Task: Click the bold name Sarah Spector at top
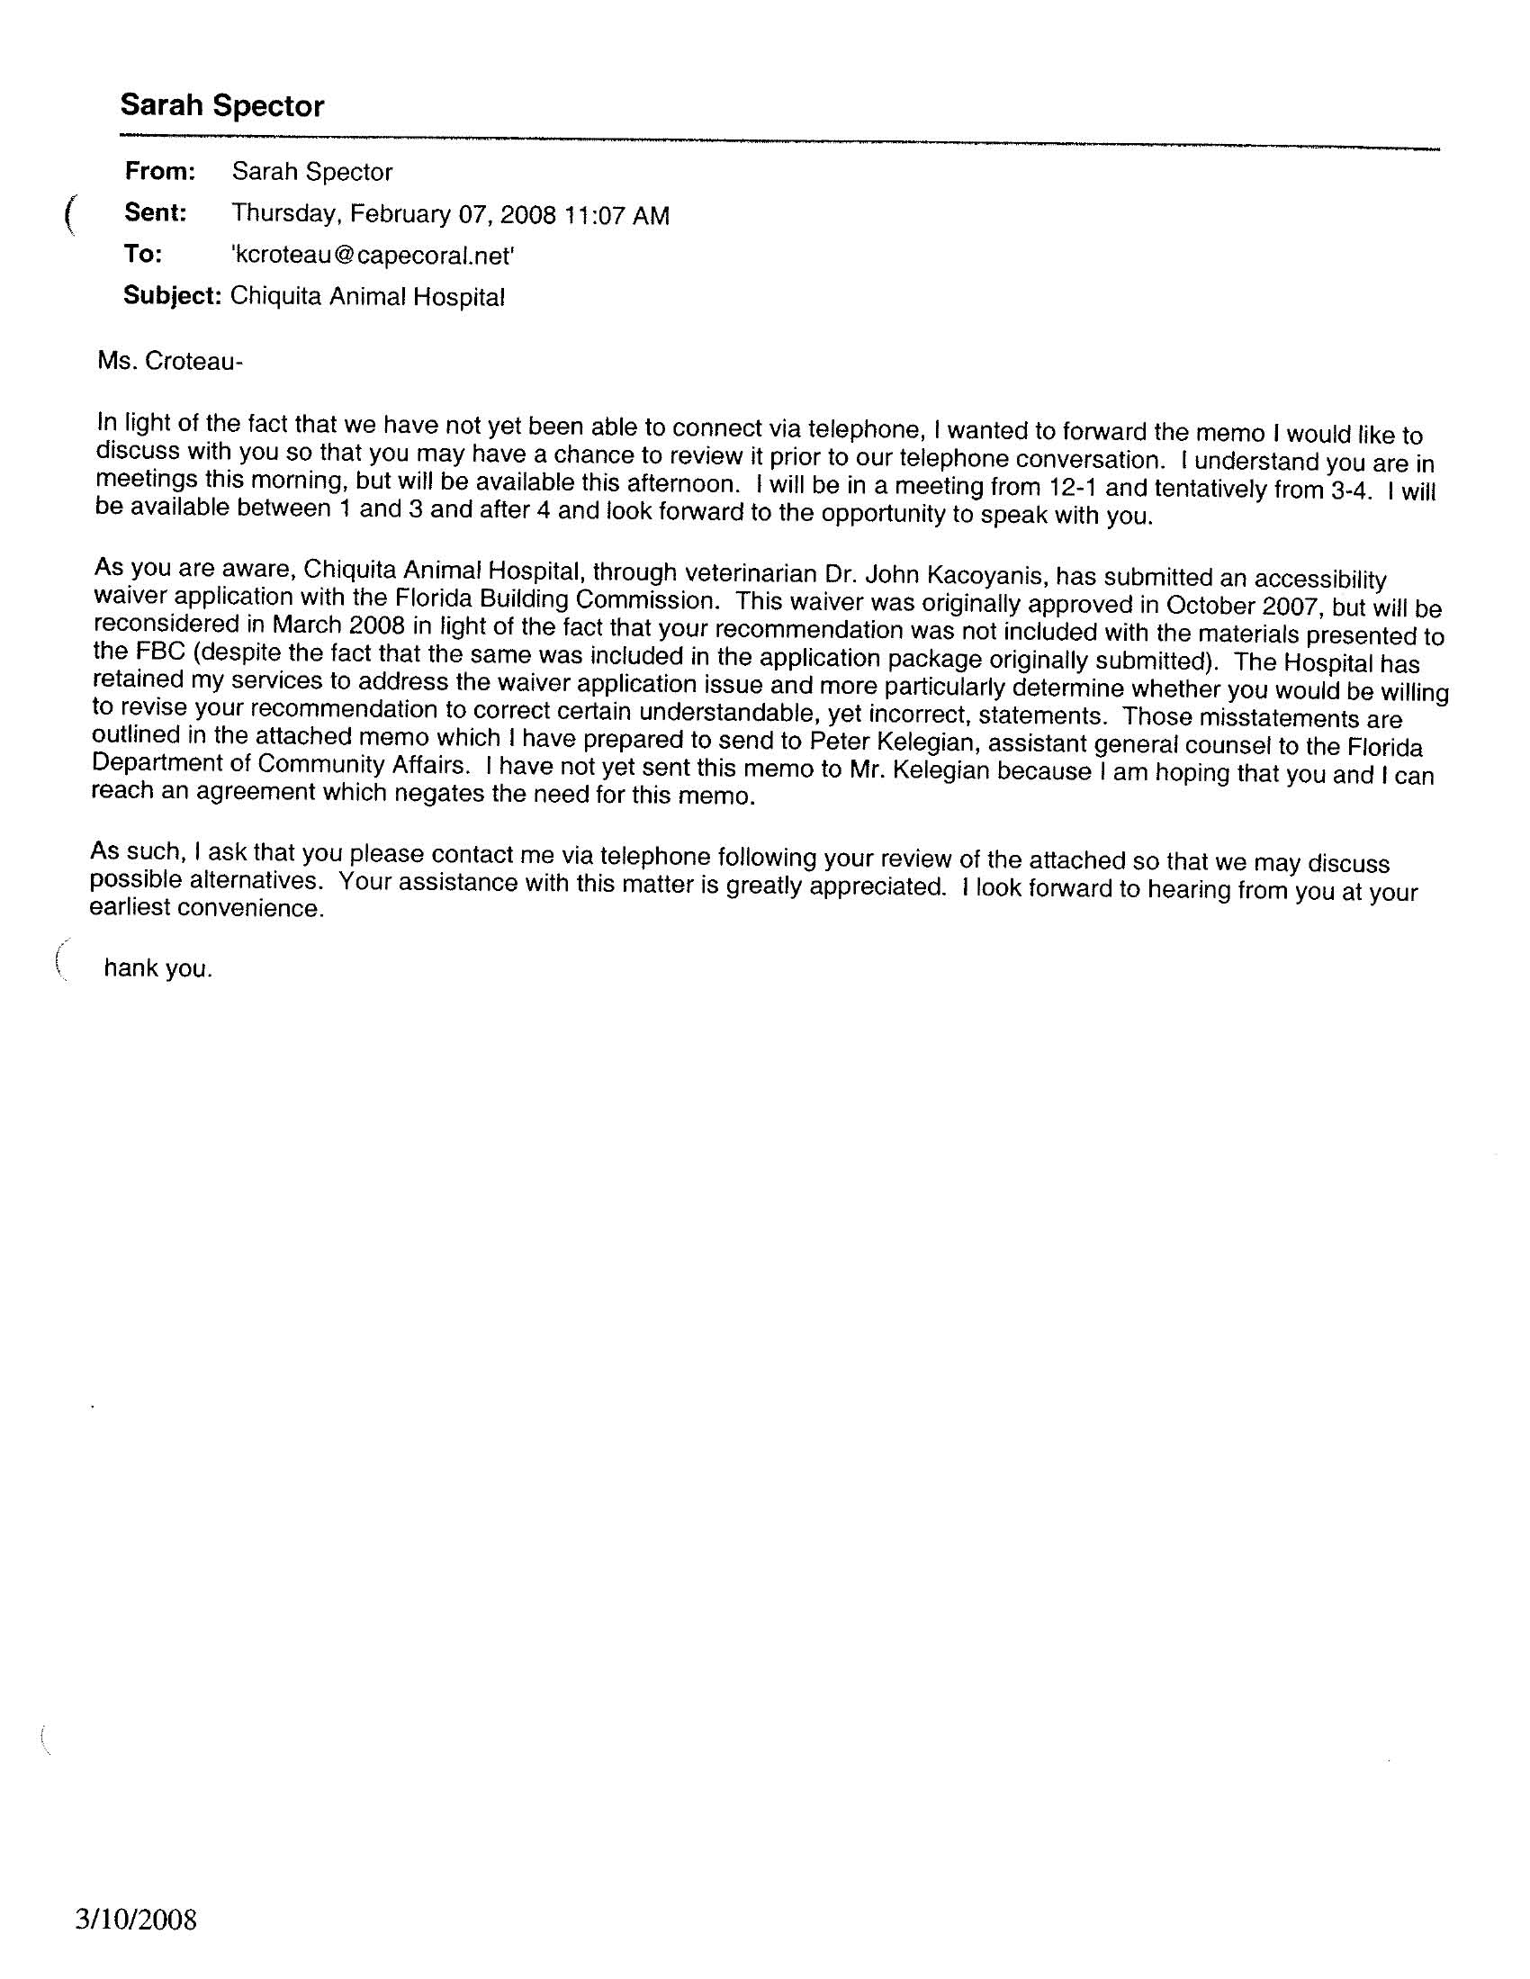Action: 222,106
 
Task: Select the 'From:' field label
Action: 160,170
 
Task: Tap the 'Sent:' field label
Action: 156,213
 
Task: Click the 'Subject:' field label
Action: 172,295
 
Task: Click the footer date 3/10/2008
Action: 136,1919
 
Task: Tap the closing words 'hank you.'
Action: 157,968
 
